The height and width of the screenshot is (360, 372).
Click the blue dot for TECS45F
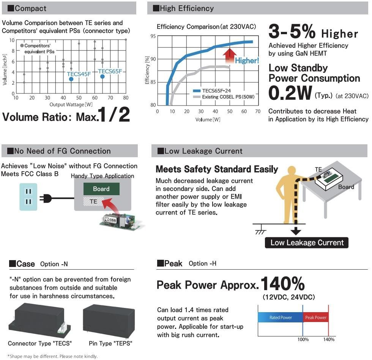(x=71, y=79)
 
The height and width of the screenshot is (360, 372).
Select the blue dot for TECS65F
(x=102, y=77)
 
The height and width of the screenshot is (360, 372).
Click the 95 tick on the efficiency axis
(x=153, y=36)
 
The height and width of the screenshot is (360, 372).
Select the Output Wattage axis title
(x=71, y=104)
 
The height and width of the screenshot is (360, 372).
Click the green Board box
(x=101, y=189)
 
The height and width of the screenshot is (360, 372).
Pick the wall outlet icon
(x=28, y=197)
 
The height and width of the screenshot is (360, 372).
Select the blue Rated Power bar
(x=280, y=317)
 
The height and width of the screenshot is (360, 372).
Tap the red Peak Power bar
(x=315, y=317)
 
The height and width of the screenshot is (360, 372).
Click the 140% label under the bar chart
(x=328, y=339)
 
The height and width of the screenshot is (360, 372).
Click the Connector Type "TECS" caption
(x=40, y=343)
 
